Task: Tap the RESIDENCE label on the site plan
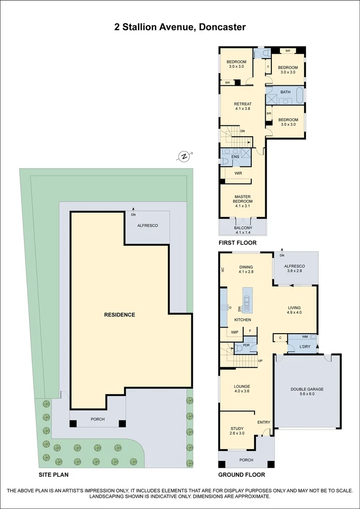(120, 314)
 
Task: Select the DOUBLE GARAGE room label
(307, 389)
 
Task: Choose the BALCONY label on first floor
(243, 228)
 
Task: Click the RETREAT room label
(243, 104)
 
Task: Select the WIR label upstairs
(238, 173)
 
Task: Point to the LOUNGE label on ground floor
(242, 386)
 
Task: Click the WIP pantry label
(235, 332)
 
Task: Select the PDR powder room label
(246, 345)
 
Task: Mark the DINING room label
(246, 267)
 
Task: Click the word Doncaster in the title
(222, 27)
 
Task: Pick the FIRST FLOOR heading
(237, 243)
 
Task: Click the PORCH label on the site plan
(98, 419)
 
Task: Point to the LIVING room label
(295, 308)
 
